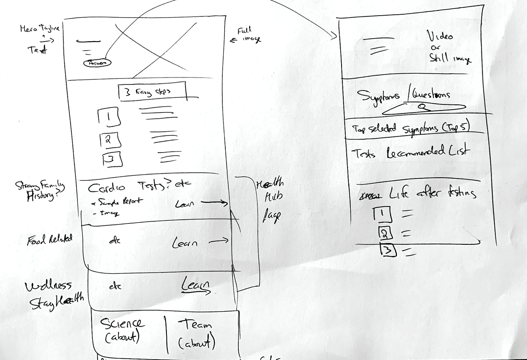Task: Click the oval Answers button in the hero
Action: click(97, 63)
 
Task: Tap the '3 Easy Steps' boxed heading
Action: click(152, 91)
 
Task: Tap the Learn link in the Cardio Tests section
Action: click(185, 204)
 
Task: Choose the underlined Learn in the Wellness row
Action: click(195, 286)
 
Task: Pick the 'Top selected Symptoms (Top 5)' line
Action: click(410, 128)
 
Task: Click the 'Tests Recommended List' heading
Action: click(410, 152)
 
